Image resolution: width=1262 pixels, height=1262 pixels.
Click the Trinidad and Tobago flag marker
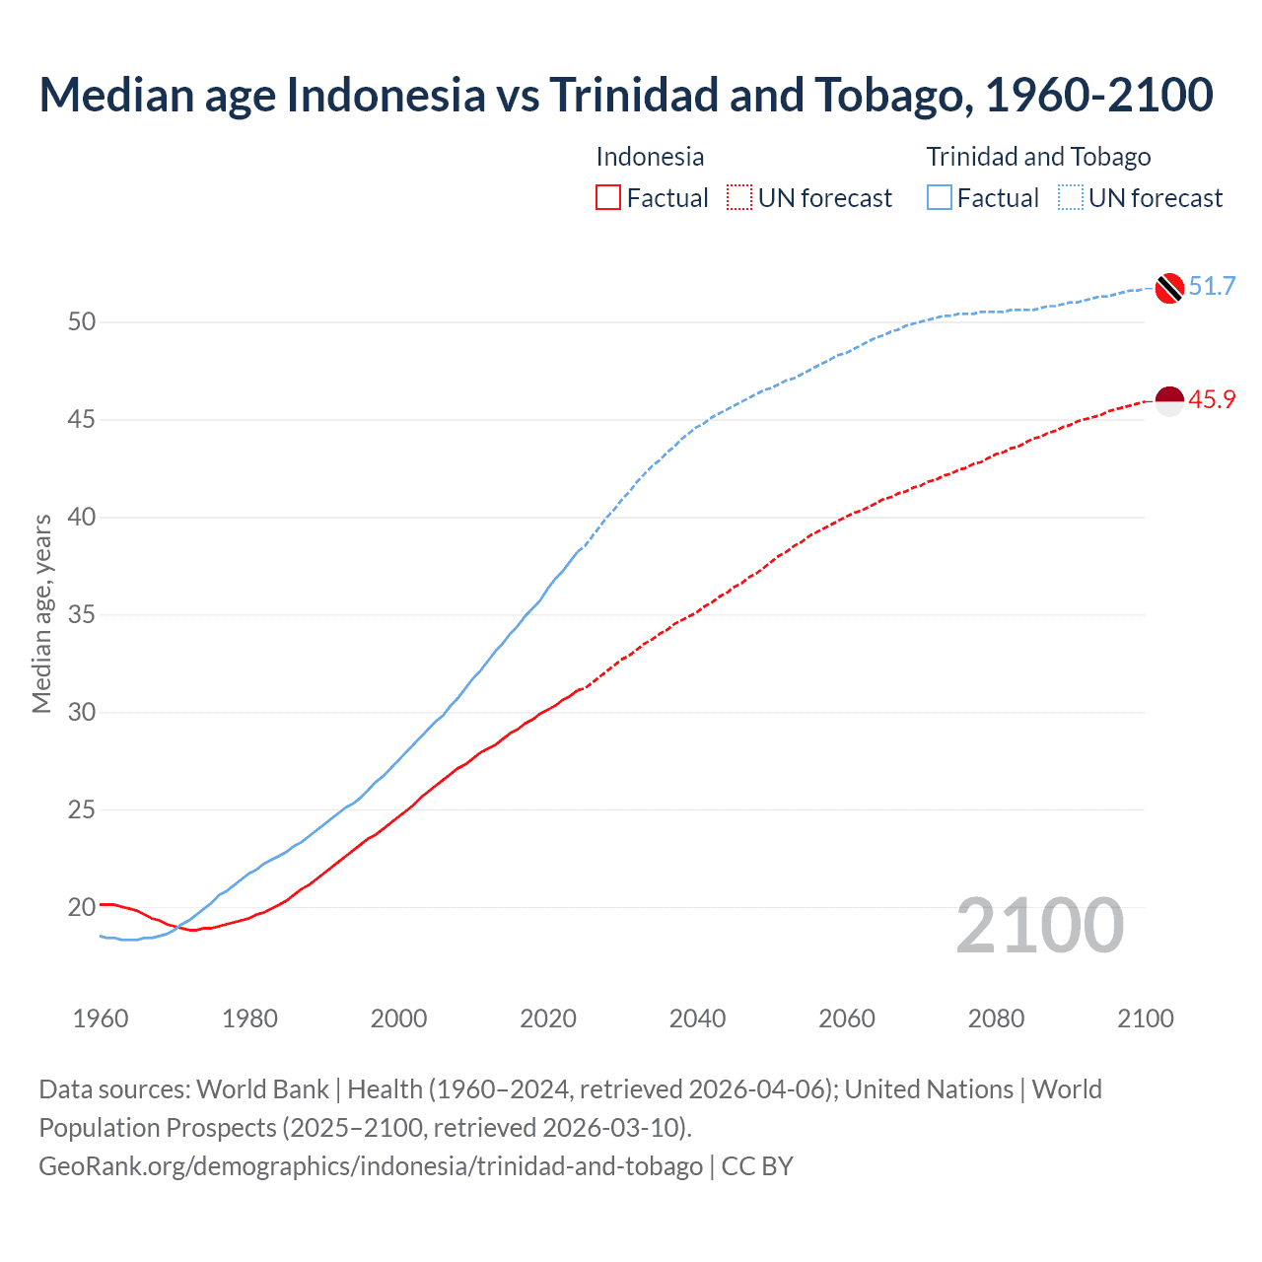(x=1168, y=287)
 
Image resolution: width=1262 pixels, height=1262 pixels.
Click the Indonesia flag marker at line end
(x=1168, y=401)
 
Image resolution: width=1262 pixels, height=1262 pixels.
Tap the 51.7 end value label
(x=1212, y=287)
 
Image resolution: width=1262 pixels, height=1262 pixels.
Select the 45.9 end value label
(x=1212, y=400)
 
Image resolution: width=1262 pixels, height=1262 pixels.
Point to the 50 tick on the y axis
(x=82, y=322)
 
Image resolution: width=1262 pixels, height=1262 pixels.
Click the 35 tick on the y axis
(x=82, y=615)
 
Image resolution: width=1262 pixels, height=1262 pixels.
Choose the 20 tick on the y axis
(x=82, y=907)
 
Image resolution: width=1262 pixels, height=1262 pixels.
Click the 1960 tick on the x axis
(x=101, y=1018)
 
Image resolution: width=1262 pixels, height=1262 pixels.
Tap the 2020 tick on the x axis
(x=548, y=1018)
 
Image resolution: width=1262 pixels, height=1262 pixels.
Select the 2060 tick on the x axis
(x=847, y=1018)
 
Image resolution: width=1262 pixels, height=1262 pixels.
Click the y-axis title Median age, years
(x=41, y=613)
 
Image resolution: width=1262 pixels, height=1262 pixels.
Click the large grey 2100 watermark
(x=1039, y=926)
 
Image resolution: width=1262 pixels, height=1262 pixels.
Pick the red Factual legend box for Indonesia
(x=608, y=198)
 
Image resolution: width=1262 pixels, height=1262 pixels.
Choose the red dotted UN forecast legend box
(x=739, y=198)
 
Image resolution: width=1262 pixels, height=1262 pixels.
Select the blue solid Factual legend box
(x=940, y=198)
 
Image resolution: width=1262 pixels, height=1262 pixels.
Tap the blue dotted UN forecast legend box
(x=1071, y=198)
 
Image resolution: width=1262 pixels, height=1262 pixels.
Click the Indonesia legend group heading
(x=650, y=157)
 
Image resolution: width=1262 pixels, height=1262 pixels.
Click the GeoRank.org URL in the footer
(x=371, y=1166)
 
